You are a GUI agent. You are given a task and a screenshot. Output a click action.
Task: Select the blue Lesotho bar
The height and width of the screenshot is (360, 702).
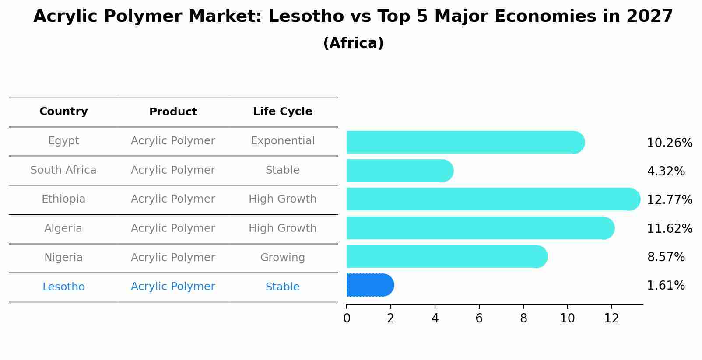click(x=370, y=285)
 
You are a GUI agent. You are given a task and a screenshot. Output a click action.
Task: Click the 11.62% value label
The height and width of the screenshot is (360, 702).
click(x=669, y=229)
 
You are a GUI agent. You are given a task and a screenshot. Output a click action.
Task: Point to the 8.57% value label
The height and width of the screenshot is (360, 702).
click(x=665, y=257)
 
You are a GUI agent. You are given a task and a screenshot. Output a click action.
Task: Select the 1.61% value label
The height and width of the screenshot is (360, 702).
click(x=665, y=286)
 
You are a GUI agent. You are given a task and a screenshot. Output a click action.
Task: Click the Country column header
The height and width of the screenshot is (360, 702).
click(x=63, y=112)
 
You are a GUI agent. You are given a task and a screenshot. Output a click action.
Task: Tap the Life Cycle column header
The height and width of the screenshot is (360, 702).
click(x=282, y=112)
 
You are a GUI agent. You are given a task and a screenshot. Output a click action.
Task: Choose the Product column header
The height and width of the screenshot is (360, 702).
click(x=173, y=112)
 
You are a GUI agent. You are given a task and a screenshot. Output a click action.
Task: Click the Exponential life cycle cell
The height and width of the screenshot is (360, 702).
click(x=282, y=141)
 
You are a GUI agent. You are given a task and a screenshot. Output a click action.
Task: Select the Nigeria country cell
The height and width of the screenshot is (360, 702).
click(x=63, y=258)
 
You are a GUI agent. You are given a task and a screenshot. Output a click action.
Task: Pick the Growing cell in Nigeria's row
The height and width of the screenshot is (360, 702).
click(x=282, y=258)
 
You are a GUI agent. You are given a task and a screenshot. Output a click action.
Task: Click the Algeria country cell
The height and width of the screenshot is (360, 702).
click(x=63, y=228)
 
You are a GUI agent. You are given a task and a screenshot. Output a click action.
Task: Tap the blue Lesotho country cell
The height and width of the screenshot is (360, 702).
click(x=63, y=287)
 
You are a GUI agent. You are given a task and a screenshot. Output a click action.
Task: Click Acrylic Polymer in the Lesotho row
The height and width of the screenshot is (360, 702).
click(x=173, y=287)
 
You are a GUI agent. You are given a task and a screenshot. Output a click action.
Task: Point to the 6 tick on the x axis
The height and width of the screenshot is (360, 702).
click(x=479, y=318)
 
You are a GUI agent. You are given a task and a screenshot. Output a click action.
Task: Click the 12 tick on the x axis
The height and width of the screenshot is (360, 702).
click(x=611, y=318)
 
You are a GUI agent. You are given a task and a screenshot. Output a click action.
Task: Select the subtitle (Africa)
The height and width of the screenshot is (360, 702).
click(x=353, y=43)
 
